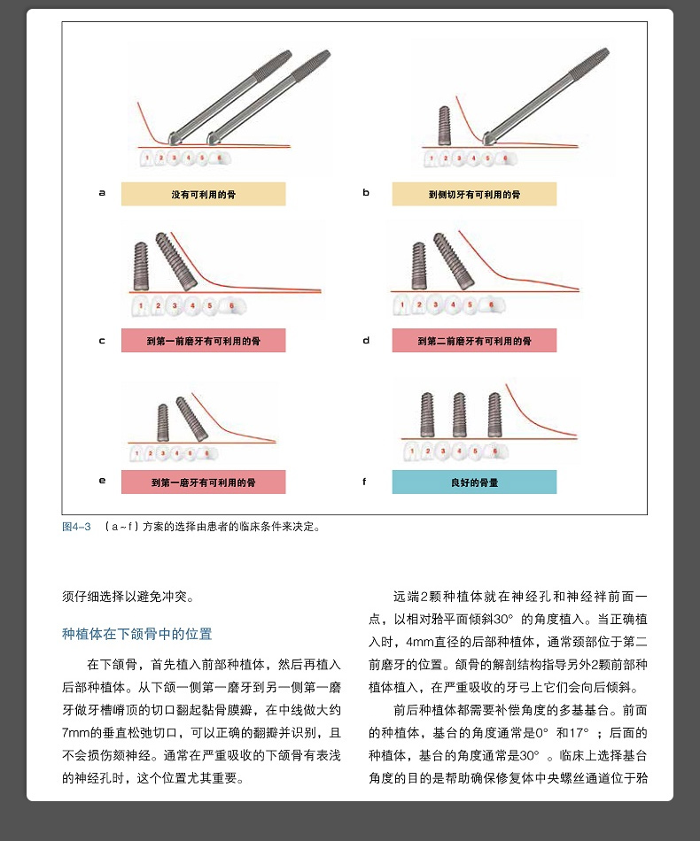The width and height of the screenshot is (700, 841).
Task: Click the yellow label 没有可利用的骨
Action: click(203, 194)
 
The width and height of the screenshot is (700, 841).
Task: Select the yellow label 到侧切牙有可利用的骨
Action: click(474, 194)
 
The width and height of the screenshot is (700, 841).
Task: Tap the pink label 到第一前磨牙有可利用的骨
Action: click(203, 341)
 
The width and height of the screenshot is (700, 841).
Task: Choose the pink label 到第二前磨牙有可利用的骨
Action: click(474, 341)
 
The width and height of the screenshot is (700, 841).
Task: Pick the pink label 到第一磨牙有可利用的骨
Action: click(203, 482)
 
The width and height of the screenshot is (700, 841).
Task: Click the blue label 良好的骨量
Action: click(474, 482)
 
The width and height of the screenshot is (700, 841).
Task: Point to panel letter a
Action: click(102, 192)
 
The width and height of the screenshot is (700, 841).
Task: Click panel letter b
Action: click(366, 192)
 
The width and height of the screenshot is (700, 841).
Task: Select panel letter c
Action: click(102, 340)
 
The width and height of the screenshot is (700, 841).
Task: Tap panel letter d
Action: click(366, 340)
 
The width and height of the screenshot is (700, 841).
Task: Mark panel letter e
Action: click(102, 481)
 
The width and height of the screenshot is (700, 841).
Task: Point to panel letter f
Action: click(364, 482)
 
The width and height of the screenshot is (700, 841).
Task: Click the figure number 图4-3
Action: click(76, 527)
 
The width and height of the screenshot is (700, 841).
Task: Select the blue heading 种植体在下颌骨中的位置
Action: click(137, 634)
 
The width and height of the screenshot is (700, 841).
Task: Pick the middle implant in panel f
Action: click(459, 413)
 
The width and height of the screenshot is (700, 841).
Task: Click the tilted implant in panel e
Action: click(191, 418)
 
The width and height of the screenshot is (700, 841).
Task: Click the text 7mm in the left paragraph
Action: click(76, 733)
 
